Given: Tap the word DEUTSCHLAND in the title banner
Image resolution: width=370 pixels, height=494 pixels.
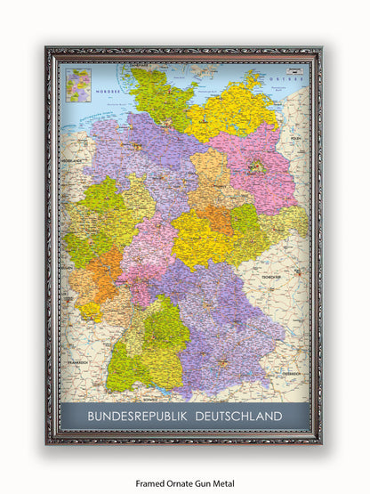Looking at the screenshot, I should coord(236,416).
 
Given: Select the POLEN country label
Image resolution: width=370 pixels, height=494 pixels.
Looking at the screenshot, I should coord(299,141).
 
